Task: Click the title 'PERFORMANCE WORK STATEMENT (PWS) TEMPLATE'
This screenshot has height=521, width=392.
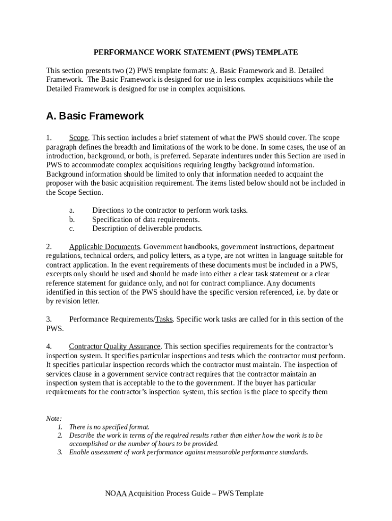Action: tap(195, 52)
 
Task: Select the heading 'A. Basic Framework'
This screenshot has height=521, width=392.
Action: tap(95, 116)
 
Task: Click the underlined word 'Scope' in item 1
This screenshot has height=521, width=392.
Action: tap(78, 138)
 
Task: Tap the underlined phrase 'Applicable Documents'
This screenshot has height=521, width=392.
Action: tap(104, 247)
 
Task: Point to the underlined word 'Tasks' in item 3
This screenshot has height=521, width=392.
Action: tap(164, 320)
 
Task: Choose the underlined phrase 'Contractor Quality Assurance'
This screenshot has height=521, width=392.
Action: tap(115, 346)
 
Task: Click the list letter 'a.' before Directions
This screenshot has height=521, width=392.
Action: tap(72, 210)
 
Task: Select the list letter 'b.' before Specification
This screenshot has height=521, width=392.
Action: tap(72, 219)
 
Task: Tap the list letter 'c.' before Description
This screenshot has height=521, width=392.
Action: tap(72, 228)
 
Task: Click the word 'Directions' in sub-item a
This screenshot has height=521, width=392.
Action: tap(108, 210)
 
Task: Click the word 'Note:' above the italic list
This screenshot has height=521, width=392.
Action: tap(54, 418)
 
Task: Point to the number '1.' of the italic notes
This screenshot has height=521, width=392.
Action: tap(60, 427)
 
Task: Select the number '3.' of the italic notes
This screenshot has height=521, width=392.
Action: tap(60, 452)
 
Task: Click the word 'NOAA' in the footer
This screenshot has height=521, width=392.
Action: tap(116, 494)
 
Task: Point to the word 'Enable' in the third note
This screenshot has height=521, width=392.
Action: tap(79, 452)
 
